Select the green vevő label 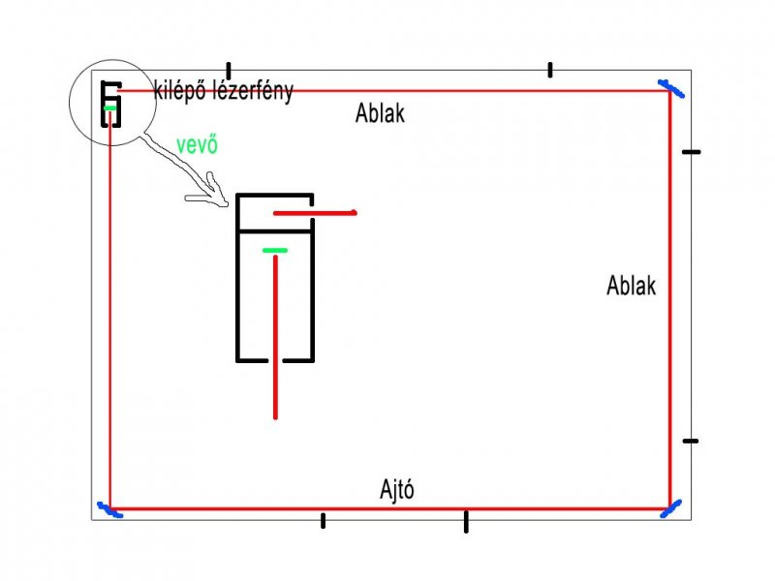(197, 145)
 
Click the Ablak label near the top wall (380, 114)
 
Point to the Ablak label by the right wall (631, 286)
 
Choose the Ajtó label (397, 489)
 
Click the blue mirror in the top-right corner (670, 89)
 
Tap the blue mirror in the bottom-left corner (108, 509)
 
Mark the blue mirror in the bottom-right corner (670, 506)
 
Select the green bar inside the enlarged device (275, 251)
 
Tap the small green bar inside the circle (111, 108)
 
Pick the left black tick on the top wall (229, 71)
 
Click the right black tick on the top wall (549, 70)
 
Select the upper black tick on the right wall (690, 152)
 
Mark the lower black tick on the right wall (690, 441)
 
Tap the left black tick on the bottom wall (323, 521)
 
